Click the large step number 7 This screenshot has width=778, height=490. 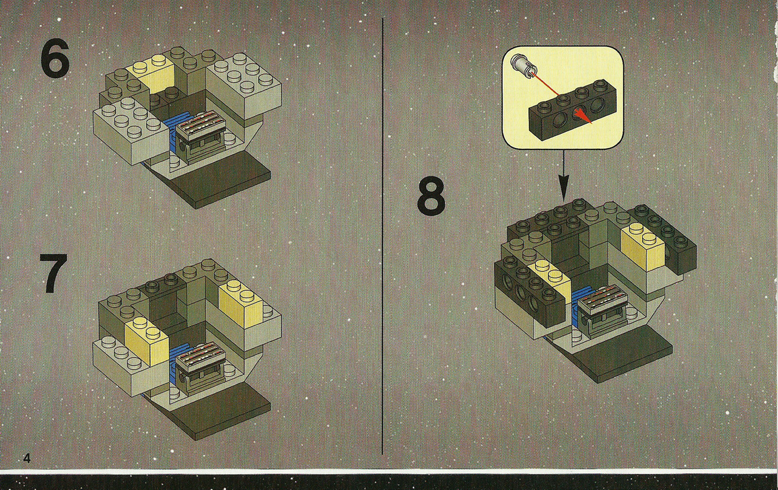click(x=53, y=273)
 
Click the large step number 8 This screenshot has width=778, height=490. click(x=431, y=197)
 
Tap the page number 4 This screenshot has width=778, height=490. click(x=27, y=458)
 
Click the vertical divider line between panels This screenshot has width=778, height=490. click(x=382, y=236)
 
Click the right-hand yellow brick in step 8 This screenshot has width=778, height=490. click(x=643, y=245)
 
